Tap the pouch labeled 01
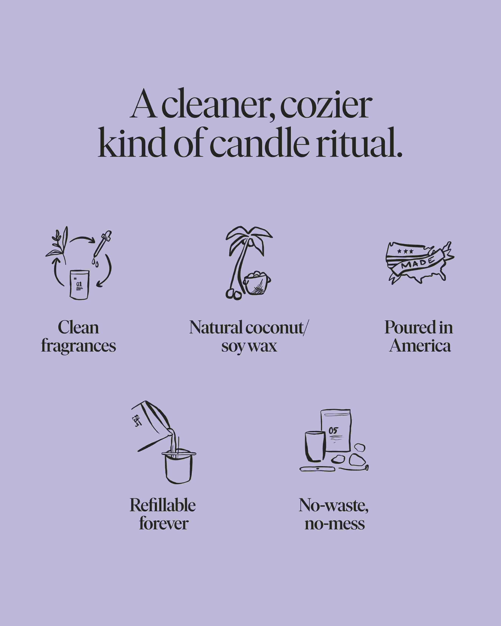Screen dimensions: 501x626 click(79, 285)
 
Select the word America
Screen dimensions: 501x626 click(420, 346)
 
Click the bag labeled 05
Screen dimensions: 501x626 click(336, 431)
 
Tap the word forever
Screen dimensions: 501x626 click(164, 523)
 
